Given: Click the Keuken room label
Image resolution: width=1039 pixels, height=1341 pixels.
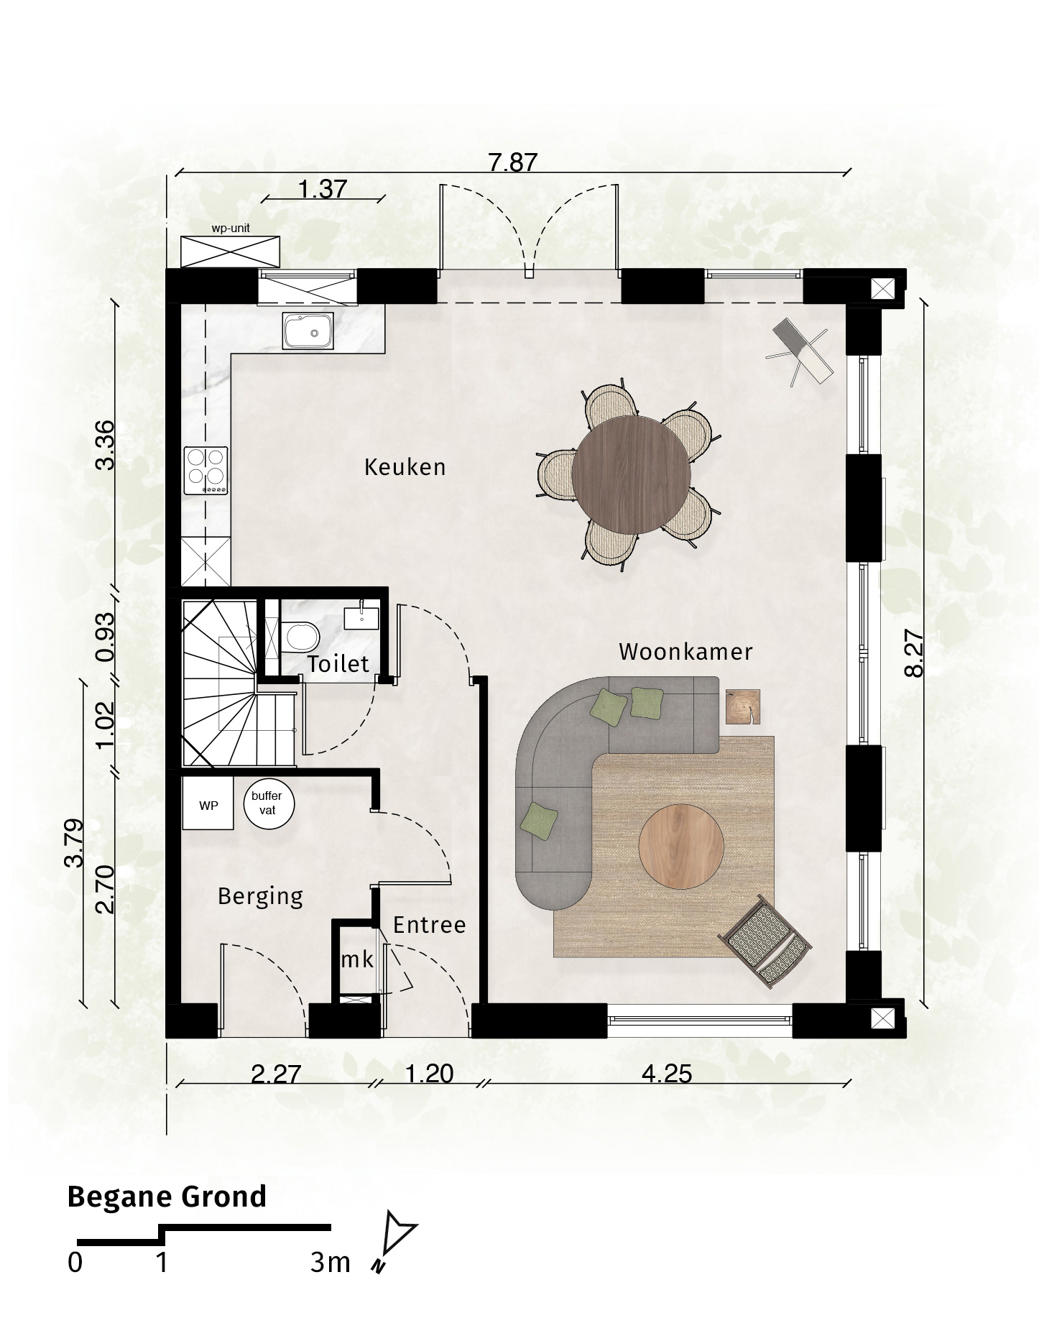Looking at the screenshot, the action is pos(405,467).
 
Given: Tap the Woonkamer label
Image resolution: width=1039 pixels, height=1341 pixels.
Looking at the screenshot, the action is pos(685,652).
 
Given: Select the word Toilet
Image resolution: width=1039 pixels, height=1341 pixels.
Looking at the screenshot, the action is pos(338,664).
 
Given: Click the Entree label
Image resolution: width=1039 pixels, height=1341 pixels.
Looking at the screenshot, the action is pos(430,925).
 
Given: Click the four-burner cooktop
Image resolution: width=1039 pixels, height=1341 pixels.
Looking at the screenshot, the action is pos(207,470).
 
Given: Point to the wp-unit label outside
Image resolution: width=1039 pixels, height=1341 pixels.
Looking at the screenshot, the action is pos(230,229).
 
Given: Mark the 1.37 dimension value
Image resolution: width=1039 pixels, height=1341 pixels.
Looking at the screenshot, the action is pos(323,189).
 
